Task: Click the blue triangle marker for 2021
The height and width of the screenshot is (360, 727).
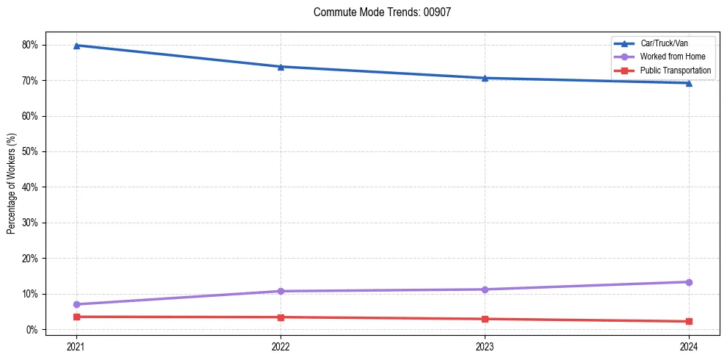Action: click(x=76, y=46)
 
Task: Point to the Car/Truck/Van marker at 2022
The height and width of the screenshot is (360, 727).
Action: click(x=281, y=67)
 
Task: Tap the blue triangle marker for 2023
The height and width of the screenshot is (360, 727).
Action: click(x=485, y=78)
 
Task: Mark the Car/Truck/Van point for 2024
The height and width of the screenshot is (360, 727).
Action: click(x=689, y=83)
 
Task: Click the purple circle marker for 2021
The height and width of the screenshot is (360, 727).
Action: click(x=76, y=304)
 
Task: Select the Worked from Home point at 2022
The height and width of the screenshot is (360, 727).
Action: click(x=281, y=291)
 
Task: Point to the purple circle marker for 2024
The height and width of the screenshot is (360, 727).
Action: click(x=689, y=282)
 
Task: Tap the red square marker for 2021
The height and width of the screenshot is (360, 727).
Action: click(x=76, y=317)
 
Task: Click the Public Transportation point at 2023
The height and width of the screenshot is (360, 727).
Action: click(x=485, y=319)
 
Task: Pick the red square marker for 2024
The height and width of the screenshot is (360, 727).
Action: click(x=689, y=321)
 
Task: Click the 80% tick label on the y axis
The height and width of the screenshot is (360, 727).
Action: click(x=30, y=45)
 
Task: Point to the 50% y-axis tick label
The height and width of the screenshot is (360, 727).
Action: click(x=30, y=151)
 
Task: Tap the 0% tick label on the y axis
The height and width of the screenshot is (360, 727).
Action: click(x=32, y=329)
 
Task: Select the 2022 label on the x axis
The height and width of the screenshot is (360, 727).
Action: click(x=281, y=345)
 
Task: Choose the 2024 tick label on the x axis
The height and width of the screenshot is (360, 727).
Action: click(x=689, y=345)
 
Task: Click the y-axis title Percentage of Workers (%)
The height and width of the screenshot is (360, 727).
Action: click(x=12, y=184)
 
